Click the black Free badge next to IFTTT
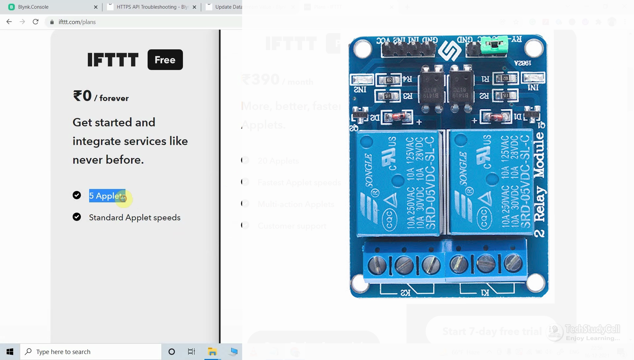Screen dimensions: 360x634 165,60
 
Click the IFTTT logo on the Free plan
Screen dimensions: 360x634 113,60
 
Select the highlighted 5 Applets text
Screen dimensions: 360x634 106,196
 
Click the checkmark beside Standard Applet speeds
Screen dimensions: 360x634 77,217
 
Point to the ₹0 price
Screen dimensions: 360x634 82,96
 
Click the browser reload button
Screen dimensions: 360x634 35,22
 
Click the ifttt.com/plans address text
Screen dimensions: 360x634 77,22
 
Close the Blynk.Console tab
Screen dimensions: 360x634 96,7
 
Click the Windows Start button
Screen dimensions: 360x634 10,352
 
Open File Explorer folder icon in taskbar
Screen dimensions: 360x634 212,352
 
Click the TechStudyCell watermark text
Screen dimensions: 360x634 592,329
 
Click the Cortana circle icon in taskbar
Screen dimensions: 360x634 172,352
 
